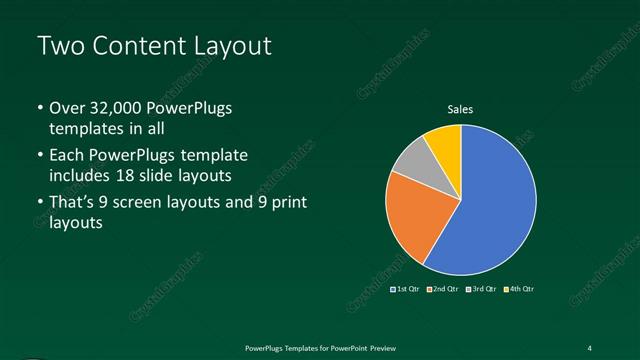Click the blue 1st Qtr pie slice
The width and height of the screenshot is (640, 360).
click(490, 205)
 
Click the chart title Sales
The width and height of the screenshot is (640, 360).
click(460, 109)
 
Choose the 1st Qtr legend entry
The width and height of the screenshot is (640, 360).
click(404, 289)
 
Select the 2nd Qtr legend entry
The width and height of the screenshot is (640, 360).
click(441, 289)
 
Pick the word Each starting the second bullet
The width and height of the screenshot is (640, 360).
click(67, 156)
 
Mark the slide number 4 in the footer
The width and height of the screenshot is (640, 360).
click(590, 347)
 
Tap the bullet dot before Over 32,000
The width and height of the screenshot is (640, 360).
click(39, 108)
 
